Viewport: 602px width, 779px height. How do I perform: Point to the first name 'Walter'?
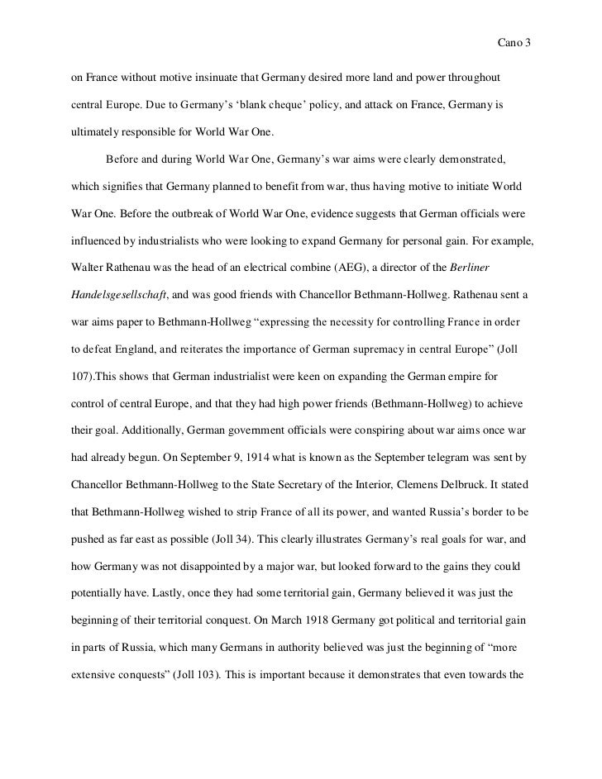(x=88, y=248)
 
